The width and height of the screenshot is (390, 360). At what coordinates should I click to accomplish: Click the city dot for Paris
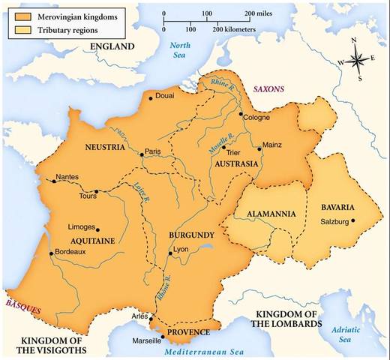click(x=141, y=155)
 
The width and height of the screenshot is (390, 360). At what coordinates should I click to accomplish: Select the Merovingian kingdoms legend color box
click(x=19, y=15)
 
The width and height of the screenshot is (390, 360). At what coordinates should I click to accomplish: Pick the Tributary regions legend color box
click(x=19, y=28)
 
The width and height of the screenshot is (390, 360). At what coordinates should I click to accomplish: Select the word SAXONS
click(x=268, y=88)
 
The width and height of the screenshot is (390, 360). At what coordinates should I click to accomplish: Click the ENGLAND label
click(x=111, y=46)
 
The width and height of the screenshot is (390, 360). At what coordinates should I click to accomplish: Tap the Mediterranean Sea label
click(x=223, y=350)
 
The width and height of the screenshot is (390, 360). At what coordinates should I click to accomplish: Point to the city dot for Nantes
click(x=52, y=181)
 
